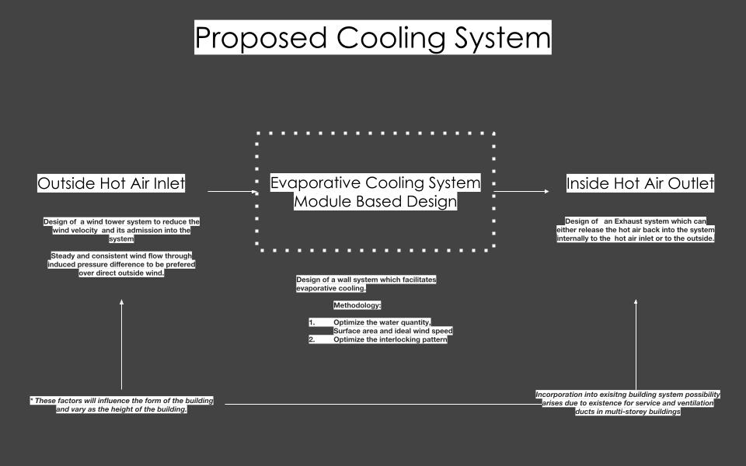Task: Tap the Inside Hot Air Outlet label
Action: pos(640,184)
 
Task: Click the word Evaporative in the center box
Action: pos(315,183)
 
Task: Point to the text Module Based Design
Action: pos(375,202)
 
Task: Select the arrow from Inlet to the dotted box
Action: pos(232,191)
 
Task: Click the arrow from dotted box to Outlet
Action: pos(521,191)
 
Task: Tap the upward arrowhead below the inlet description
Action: pos(122,303)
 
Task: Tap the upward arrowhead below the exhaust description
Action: pos(636,303)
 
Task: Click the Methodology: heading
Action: pos(357,305)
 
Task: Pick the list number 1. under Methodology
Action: pos(312,322)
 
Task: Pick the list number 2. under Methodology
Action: pos(312,339)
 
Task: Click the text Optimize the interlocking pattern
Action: pos(390,339)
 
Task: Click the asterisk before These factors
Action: pos(31,401)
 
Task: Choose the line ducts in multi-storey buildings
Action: pos(628,412)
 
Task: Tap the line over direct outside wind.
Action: pos(121,273)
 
